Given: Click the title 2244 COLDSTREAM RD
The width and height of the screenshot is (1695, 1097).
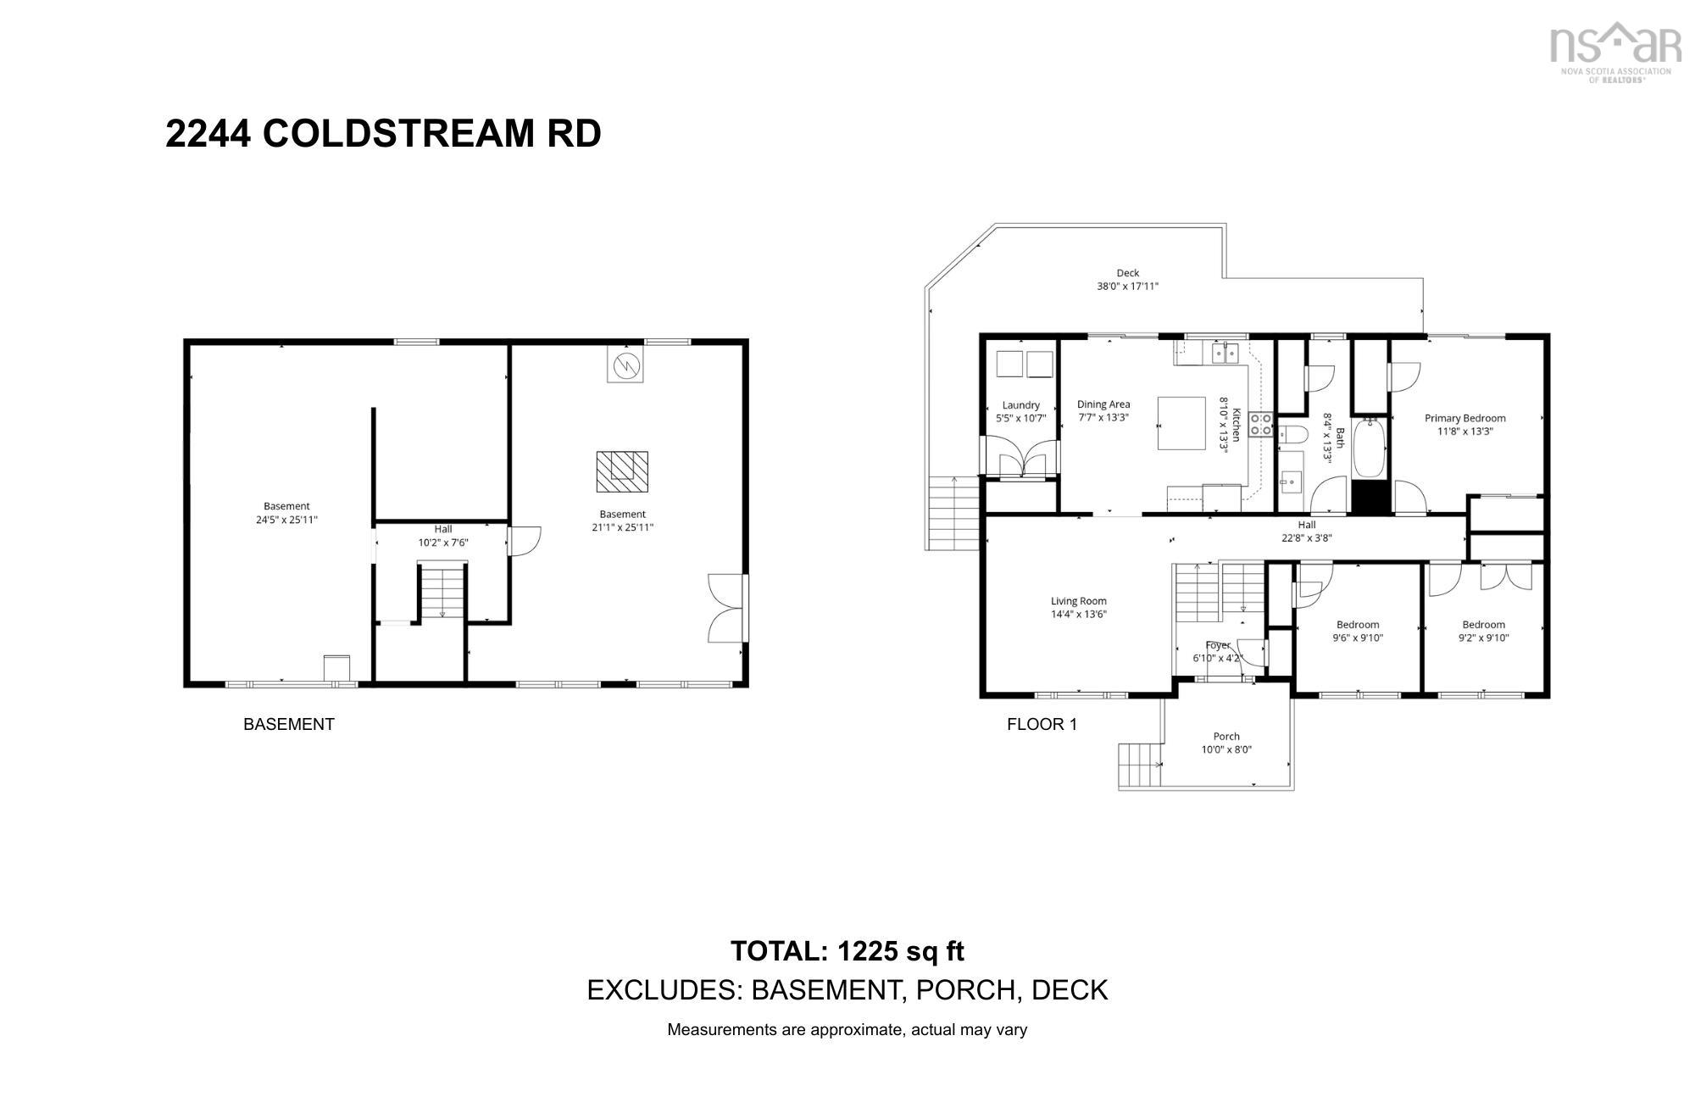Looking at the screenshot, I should (383, 134).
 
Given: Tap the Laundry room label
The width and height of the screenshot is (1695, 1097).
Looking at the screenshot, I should (1020, 405).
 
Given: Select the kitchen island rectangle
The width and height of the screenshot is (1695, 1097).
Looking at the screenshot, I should (1182, 423).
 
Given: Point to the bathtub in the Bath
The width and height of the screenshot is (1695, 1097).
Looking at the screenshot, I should (1369, 449).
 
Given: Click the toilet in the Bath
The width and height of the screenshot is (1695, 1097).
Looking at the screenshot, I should (1292, 436).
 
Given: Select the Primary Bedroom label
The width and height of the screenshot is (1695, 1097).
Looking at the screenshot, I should (1464, 418).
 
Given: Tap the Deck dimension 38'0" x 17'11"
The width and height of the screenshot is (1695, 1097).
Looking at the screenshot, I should (1127, 287).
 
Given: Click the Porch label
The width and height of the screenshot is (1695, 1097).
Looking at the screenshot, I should (1226, 736).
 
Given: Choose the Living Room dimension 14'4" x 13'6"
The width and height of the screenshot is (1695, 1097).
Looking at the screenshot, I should (1079, 614).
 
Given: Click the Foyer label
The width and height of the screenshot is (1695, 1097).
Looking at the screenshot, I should (1218, 645).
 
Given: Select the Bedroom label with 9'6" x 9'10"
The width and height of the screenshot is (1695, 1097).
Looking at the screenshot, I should (1358, 625).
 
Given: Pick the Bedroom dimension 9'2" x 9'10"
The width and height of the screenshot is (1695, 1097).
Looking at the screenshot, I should (1483, 638).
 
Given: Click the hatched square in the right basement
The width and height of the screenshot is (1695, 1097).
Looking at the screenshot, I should (621, 471).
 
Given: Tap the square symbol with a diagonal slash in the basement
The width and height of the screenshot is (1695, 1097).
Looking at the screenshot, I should (625, 365).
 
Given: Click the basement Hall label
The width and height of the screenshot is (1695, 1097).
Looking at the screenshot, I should (443, 529).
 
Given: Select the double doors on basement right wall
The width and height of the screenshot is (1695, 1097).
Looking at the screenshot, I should (727, 608).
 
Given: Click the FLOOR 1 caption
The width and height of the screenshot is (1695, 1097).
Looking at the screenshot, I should (1042, 724).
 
